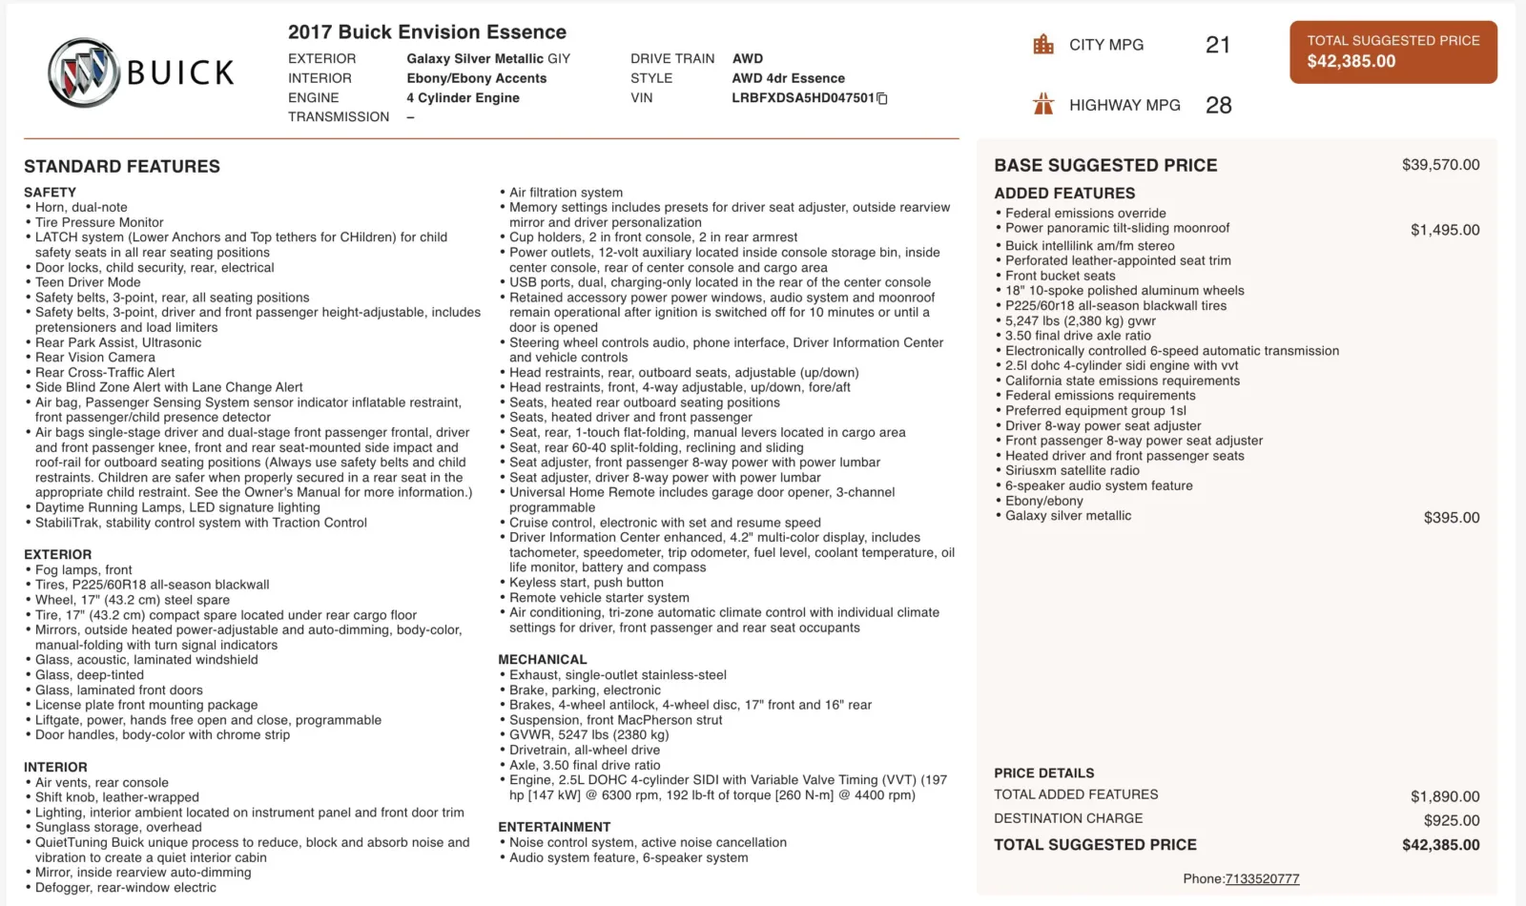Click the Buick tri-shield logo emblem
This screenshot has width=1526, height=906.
pyautogui.click(x=86, y=72)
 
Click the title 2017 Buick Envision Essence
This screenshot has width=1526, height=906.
pyautogui.click(x=426, y=32)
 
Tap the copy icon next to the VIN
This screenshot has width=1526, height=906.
pyautogui.click(x=882, y=98)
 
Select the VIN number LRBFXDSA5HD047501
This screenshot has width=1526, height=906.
pyautogui.click(x=802, y=98)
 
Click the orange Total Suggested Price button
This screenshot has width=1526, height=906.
pyautogui.click(x=1392, y=51)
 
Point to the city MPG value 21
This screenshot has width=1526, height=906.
pyautogui.click(x=1218, y=45)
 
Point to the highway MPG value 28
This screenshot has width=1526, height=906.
pyautogui.click(x=1218, y=105)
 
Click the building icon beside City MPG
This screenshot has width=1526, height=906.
pyautogui.click(x=1043, y=45)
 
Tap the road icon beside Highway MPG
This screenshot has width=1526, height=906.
pyautogui.click(x=1043, y=105)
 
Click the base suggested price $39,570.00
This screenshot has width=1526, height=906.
pyautogui.click(x=1440, y=165)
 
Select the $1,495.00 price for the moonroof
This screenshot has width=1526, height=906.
pyautogui.click(x=1445, y=230)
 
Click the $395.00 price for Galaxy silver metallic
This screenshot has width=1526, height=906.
pyautogui.click(x=1452, y=518)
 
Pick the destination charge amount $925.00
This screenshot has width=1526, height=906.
pyautogui.click(x=1452, y=820)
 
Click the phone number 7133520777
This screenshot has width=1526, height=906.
pyautogui.click(x=1262, y=879)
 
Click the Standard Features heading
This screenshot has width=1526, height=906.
pyautogui.click(x=122, y=167)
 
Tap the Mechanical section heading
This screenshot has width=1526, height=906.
pyautogui.click(x=542, y=660)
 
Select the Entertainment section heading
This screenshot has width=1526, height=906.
pyautogui.click(x=554, y=827)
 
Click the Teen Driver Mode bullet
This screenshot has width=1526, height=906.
pyautogui.click(x=88, y=282)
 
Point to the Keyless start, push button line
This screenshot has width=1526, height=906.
pyautogui.click(x=586, y=583)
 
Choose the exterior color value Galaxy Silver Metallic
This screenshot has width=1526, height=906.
pyautogui.click(x=487, y=59)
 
